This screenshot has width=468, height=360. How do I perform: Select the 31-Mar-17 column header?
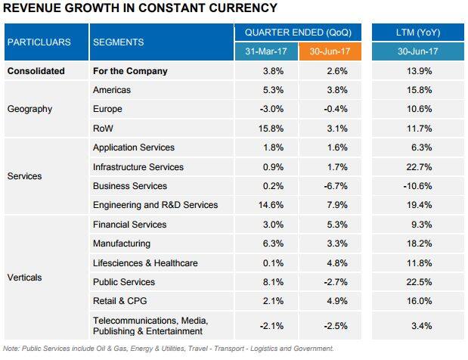point(267,52)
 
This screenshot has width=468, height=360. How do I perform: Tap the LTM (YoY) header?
point(419,33)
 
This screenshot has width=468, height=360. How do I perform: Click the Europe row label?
point(107,109)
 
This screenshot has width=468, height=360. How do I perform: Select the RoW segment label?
point(103,128)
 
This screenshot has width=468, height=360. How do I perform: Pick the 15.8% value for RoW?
point(267,128)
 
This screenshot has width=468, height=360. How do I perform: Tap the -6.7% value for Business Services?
point(330,186)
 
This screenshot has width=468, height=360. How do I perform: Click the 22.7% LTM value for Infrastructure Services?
point(419,166)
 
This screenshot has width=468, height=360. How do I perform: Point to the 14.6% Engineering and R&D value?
point(267,205)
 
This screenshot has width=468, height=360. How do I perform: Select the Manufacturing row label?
point(121,244)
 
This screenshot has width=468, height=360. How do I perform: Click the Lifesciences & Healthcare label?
point(145,263)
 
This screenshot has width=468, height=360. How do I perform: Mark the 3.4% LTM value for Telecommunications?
point(419,326)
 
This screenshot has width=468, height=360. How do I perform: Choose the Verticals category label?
point(24,278)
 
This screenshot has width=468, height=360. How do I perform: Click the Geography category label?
point(29,109)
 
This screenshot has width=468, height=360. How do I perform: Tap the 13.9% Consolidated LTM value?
point(419,71)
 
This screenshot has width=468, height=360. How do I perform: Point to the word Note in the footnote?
point(11,349)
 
